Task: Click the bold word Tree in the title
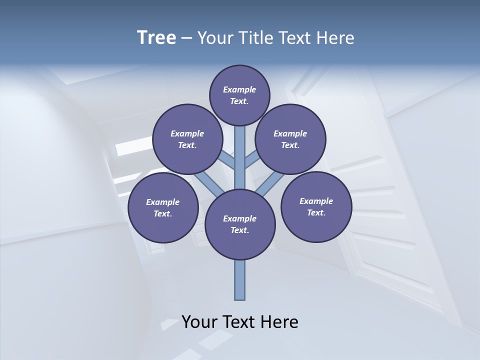[156, 38]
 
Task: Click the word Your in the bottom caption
[199, 322]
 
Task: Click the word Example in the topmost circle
[239, 90]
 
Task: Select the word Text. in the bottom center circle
[240, 230]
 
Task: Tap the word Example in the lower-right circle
[316, 201]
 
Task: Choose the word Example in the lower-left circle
[163, 202]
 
